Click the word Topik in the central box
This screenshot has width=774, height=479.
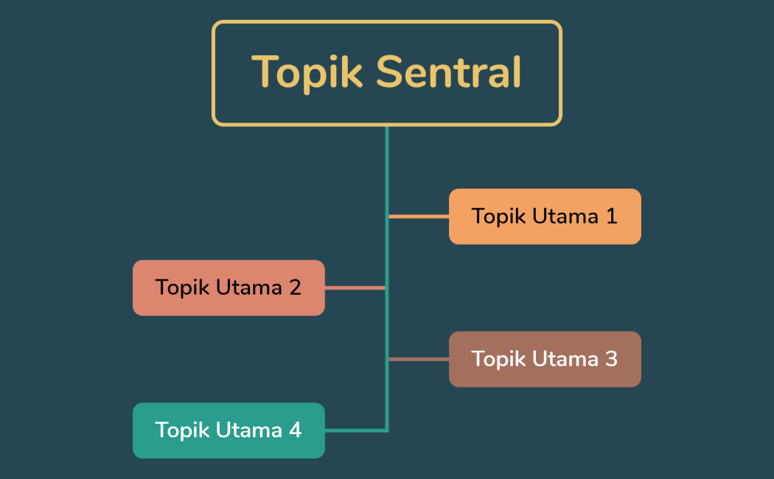coord(307,72)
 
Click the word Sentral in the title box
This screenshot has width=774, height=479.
coord(448,72)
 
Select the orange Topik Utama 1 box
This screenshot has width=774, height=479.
coord(545,216)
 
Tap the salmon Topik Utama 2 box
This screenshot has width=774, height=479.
coord(229,287)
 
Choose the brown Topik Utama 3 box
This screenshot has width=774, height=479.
coord(545,359)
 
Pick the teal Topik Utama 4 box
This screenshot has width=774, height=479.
coord(229,430)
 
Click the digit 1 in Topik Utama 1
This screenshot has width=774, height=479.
coord(611,216)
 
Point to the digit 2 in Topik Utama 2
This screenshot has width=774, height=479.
coord(295,287)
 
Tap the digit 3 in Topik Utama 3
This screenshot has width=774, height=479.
coord(611,359)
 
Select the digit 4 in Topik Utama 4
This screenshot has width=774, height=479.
coord(295,430)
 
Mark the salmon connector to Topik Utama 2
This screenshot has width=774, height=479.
coord(355,287)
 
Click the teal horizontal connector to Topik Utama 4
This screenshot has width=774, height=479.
coord(355,430)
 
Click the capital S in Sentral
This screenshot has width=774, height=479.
coord(388,72)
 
